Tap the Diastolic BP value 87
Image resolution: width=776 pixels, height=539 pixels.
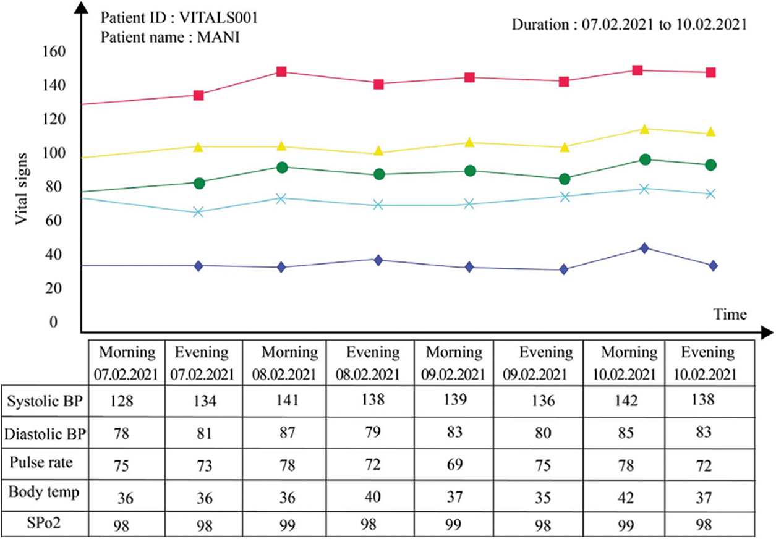[x=289, y=432]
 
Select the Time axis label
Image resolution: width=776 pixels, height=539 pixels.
[x=731, y=314]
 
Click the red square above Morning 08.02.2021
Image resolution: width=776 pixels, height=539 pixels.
[x=281, y=72]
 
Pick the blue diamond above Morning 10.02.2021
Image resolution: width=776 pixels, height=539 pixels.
[x=645, y=248]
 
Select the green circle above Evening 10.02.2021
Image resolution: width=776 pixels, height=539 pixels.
[x=711, y=165]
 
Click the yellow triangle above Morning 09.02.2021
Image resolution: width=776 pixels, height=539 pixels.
[x=469, y=143]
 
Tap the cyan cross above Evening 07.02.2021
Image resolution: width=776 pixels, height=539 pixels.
[x=198, y=212]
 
